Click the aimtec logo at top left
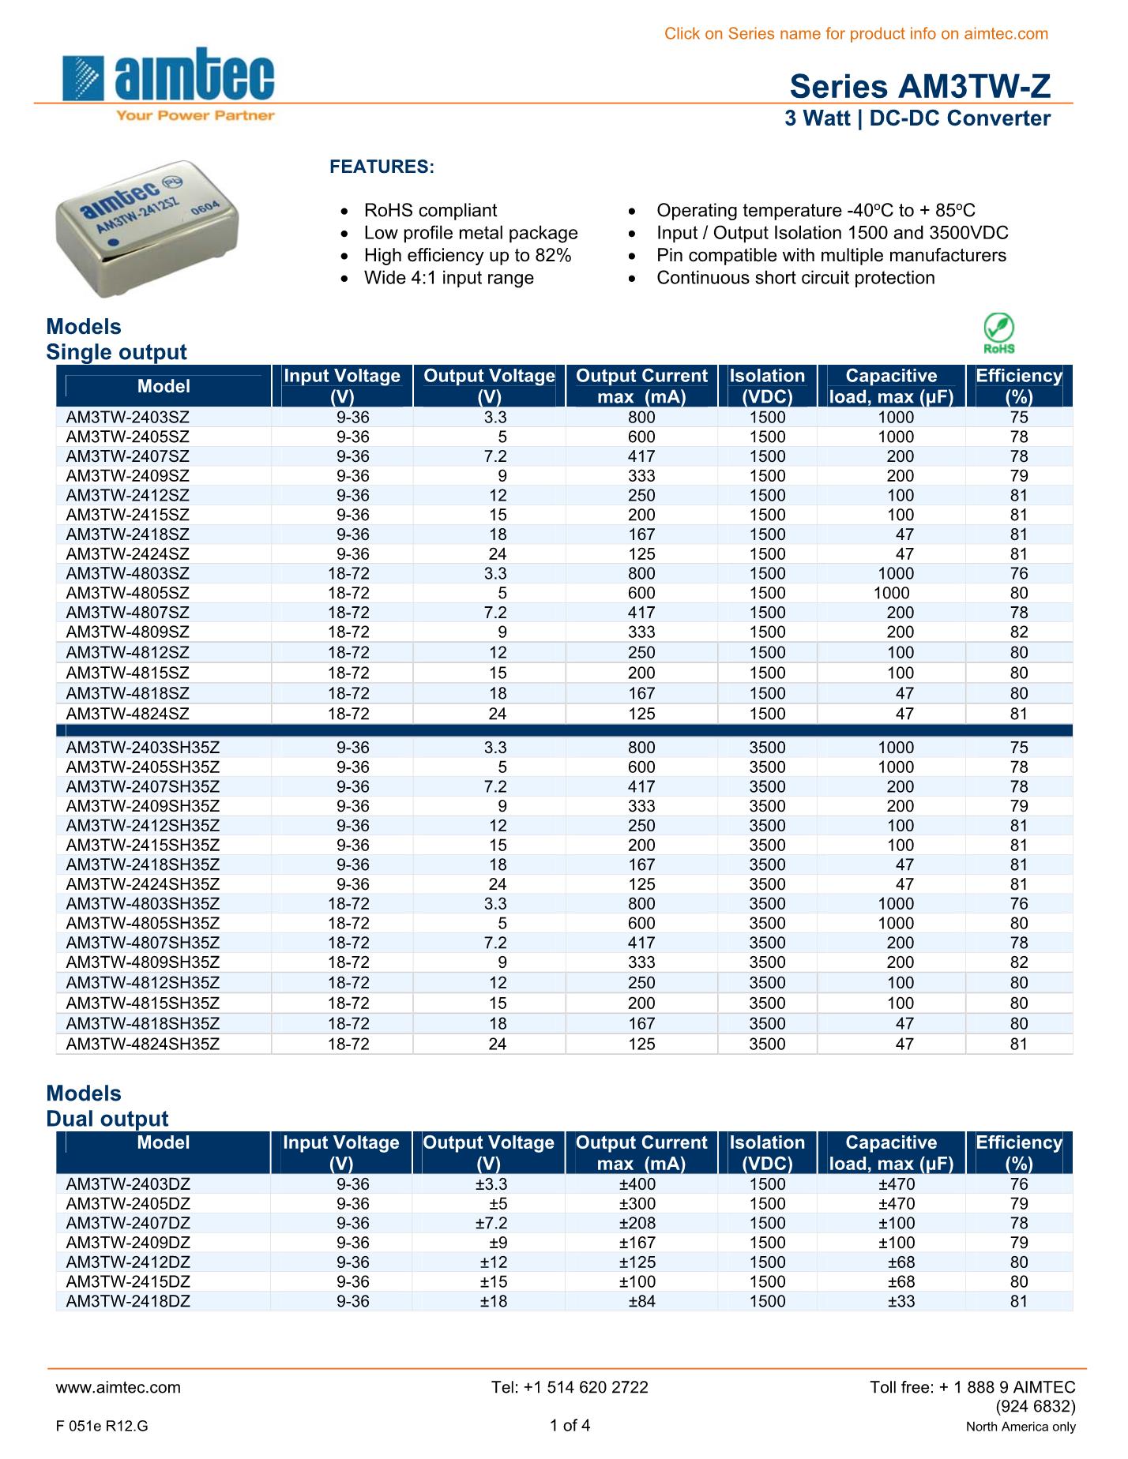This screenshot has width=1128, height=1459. (x=169, y=84)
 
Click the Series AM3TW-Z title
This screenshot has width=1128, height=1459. (x=920, y=87)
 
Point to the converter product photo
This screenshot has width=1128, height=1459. (x=149, y=228)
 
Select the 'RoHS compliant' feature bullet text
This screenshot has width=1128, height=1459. (x=431, y=211)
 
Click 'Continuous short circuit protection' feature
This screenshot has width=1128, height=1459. (x=795, y=278)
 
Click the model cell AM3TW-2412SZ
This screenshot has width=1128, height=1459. (x=128, y=496)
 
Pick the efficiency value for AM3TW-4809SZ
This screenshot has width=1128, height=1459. (x=1019, y=632)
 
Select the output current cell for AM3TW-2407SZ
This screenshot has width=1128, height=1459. (x=641, y=456)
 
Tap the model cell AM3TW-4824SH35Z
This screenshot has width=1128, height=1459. (x=143, y=1045)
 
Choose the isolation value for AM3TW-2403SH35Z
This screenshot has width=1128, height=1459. (x=767, y=748)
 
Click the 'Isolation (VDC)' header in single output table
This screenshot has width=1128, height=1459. (x=767, y=386)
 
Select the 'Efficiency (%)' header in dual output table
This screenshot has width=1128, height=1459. (x=1019, y=1153)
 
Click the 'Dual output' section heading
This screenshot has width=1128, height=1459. (x=107, y=1119)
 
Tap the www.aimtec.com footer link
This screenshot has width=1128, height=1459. (x=118, y=1387)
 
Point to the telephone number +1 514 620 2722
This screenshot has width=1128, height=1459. (x=570, y=1387)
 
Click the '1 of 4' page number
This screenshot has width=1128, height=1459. (x=570, y=1425)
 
